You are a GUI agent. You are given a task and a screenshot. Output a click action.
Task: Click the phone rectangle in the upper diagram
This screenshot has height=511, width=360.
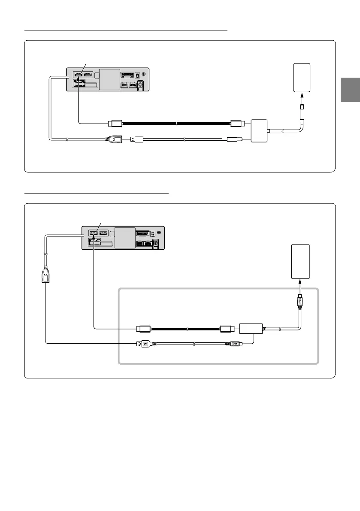[302, 77]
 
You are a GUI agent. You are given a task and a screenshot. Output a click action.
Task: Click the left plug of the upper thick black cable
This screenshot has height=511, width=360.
[116, 124]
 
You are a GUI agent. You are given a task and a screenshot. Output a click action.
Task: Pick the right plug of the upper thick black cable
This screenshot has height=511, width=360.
[238, 124]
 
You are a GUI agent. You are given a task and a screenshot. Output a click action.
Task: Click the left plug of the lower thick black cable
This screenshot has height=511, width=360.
[142, 330]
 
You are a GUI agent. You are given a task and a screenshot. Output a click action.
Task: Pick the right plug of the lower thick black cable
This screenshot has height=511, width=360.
[226, 330]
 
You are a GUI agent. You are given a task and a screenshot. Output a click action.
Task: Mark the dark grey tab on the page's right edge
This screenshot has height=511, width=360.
[351, 90]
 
